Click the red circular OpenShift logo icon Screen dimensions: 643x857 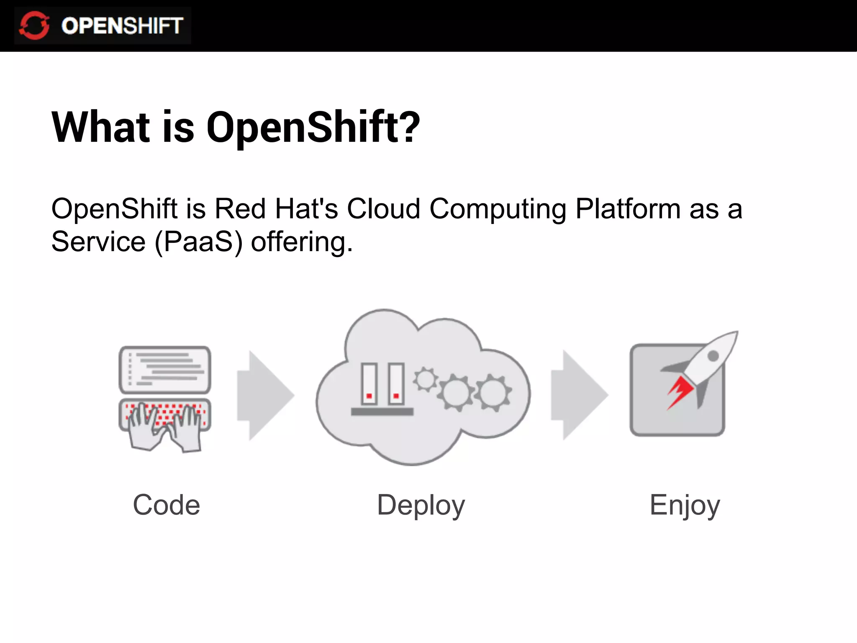click(x=34, y=26)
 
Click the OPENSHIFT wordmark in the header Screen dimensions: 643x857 click(x=122, y=26)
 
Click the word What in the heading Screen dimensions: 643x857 click(x=100, y=127)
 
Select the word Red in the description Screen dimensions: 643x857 click(x=240, y=208)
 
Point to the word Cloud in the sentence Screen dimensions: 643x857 click(x=383, y=208)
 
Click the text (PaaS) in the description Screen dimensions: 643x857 click(x=198, y=242)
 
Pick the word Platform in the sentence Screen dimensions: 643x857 click(x=628, y=208)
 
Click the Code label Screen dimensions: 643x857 click(x=167, y=505)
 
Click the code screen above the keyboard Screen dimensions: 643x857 click(x=165, y=369)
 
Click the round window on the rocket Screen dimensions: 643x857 click(x=713, y=356)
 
